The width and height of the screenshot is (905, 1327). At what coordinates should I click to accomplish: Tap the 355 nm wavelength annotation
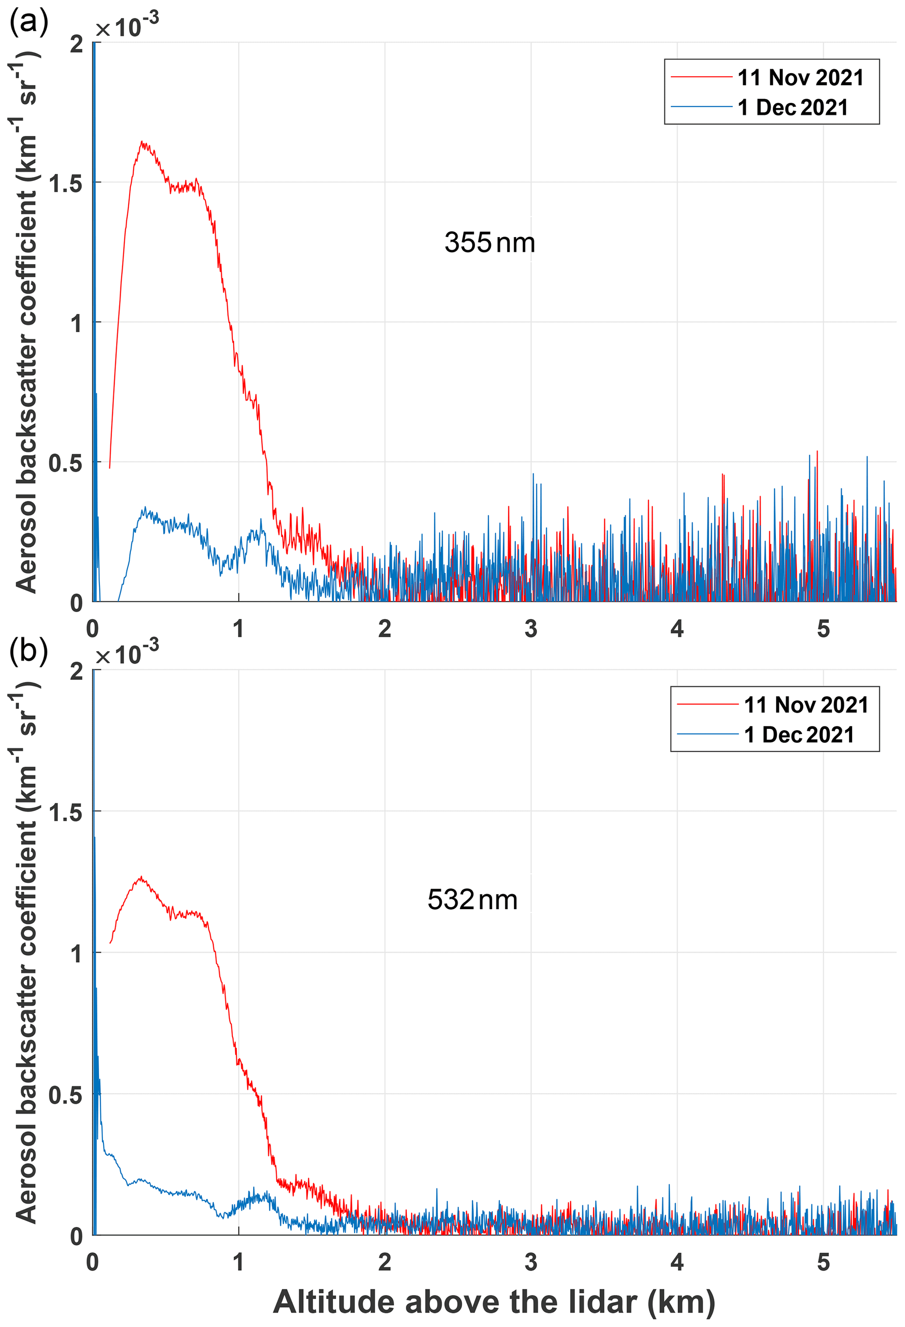(489, 243)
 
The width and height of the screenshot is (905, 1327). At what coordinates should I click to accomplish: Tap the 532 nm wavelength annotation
(472, 900)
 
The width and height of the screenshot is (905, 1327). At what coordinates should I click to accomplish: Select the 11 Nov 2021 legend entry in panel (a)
(800, 77)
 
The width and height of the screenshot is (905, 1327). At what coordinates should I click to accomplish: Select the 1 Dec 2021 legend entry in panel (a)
(792, 107)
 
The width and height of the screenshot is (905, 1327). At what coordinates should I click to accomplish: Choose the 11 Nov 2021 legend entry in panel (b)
(806, 705)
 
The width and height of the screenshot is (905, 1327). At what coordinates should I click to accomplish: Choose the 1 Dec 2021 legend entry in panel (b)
(799, 735)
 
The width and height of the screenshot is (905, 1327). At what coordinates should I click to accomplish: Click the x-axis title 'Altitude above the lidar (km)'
(494, 1302)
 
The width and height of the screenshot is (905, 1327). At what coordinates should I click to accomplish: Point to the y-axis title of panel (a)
(24, 320)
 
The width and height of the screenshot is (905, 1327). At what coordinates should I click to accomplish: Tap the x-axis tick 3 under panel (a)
(531, 629)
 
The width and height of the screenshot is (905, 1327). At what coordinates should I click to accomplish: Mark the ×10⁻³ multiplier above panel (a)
(127, 26)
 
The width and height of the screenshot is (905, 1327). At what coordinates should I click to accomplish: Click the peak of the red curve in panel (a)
(143, 143)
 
